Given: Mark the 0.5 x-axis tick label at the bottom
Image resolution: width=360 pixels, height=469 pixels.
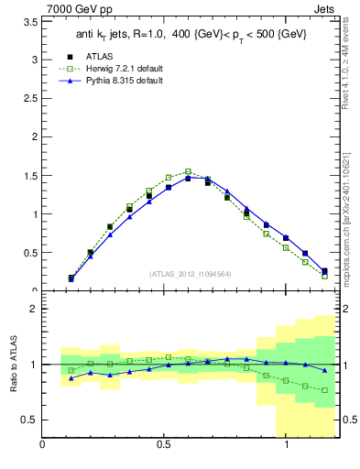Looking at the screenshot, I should (163, 445).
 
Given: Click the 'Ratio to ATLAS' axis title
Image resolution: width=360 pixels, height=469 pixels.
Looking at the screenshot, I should (12, 364).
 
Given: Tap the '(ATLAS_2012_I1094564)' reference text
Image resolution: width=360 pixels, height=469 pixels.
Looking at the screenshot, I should (191, 273).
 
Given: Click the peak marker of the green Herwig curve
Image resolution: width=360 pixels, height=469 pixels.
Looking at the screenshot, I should (188, 171).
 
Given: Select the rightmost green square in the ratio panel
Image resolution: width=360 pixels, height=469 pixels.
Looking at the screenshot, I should (325, 390).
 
